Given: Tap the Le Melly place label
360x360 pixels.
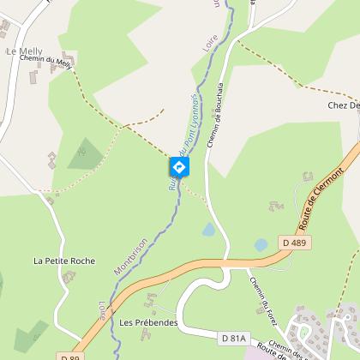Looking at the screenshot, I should coord(23,52).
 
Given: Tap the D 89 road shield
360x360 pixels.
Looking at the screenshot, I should coord(71,356).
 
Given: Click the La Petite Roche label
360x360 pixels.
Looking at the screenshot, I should coord(64,261).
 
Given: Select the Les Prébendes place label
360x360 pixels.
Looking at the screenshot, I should coord(148,323).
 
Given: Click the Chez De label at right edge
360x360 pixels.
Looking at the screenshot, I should coord(343,105).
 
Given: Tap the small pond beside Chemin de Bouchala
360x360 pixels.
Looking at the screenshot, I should coord(207,230).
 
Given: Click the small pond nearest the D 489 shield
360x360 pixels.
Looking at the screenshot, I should coord(261,244).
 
